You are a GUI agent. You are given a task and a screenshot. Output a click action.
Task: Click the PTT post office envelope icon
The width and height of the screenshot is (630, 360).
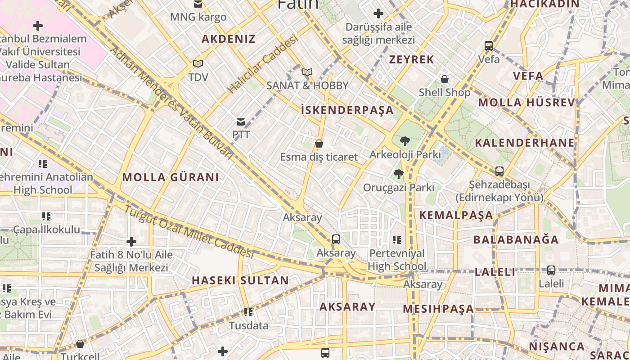(x=241, y=122)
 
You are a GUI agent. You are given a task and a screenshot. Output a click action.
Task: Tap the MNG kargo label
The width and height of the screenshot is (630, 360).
(x=198, y=18)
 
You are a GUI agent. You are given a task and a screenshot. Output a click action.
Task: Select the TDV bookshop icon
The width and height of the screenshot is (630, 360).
(x=198, y=64)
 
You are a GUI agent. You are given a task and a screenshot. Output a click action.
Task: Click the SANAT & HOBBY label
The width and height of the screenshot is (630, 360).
(x=307, y=85)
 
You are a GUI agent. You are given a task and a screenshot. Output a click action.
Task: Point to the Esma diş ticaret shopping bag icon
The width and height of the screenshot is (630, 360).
(x=319, y=144)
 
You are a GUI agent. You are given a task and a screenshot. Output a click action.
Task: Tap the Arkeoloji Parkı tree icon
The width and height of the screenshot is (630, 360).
(x=405, y=141)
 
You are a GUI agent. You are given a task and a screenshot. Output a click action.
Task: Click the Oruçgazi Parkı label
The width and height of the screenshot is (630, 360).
(x=398, y=188)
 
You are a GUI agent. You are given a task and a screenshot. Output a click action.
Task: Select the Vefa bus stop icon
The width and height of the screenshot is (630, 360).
(x=489, y=46)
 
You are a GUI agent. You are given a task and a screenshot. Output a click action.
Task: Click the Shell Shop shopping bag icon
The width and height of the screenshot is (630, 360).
(x=445, y=80)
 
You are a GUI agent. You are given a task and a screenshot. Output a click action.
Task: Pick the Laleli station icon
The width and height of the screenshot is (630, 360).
(x=551, y=270)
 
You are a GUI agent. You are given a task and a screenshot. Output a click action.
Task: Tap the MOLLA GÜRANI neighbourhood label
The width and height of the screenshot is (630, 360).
(x=171, y=177)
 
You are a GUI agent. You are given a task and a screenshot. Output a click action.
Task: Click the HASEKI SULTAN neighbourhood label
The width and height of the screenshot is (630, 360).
(x=240, y=280)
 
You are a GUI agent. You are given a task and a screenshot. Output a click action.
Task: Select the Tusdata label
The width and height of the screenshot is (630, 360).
(x=248, y=325)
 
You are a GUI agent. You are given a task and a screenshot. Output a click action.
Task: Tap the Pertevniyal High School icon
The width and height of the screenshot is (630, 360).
(x=396, y=240)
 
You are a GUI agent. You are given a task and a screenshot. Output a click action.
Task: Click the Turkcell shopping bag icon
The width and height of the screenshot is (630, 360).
(x=80, y=344)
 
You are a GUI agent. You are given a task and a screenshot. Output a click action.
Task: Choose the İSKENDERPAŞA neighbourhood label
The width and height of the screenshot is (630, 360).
(x=347, y=110)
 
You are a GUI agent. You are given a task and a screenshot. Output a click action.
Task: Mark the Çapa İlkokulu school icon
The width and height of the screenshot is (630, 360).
(x=46, y=217)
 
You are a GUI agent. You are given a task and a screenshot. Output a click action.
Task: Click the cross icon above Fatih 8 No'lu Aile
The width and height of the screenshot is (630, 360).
(x=131, y=242)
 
